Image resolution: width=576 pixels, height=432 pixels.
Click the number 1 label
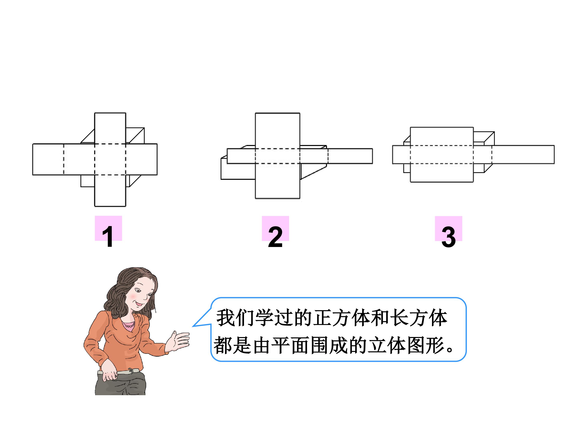pyautogui.click(x=108, y=236)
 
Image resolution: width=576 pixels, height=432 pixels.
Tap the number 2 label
pyautogui.click(x=275, y=236)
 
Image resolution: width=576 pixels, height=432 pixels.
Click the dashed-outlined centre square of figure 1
pyautogui.click(x=110, y=159)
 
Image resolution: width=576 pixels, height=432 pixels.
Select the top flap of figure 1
pyautogui.click(x=110, y=128)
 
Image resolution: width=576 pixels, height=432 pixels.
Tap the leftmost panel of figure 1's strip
pyautogui.click(x=48, y=159)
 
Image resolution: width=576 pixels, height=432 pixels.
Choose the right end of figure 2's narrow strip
pyautogui.click(x=373, y=156)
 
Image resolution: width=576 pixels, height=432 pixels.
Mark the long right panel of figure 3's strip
pyautogui.click(x=523, y=154)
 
